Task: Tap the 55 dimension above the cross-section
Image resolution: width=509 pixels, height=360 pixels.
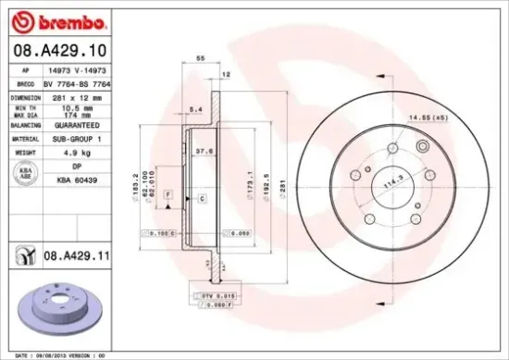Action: click(199, 58)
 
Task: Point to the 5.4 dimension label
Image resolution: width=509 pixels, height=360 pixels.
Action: click(195, 110)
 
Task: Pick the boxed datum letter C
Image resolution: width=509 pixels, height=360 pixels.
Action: click(201, 200)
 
